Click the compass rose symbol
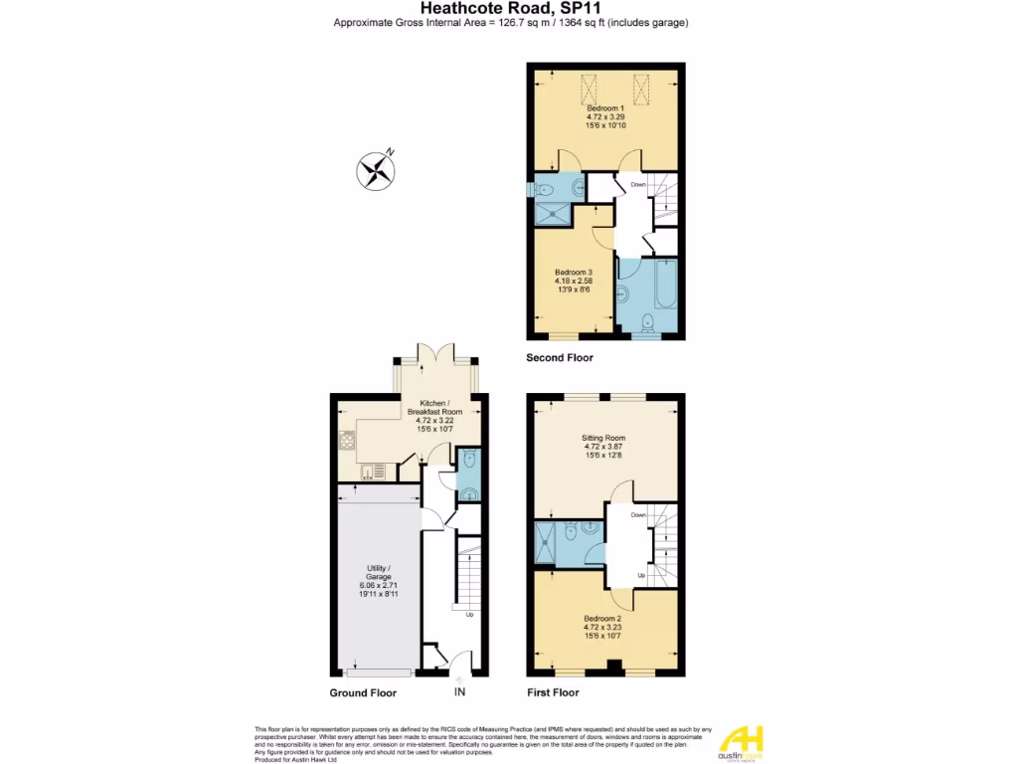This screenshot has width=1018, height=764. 375,169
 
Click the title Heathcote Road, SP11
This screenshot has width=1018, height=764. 511,8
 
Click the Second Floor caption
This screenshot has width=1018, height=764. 560,357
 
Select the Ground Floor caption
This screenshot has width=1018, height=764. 363,692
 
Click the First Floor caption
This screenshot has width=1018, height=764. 554,692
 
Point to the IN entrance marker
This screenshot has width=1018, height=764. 459,692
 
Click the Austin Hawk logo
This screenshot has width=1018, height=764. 742,743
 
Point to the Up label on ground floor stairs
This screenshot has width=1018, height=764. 469,614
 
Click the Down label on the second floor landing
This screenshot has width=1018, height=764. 638,184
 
